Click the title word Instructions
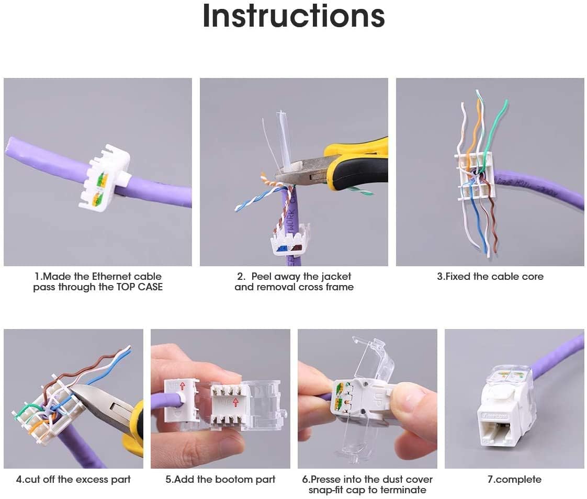click(x=293, y=17)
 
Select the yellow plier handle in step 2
click(x=361, y=157)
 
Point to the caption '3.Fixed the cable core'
click(x=490, y=277)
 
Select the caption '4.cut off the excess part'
click(x=73, y=479)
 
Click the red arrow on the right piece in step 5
click(x=235, y=402)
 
